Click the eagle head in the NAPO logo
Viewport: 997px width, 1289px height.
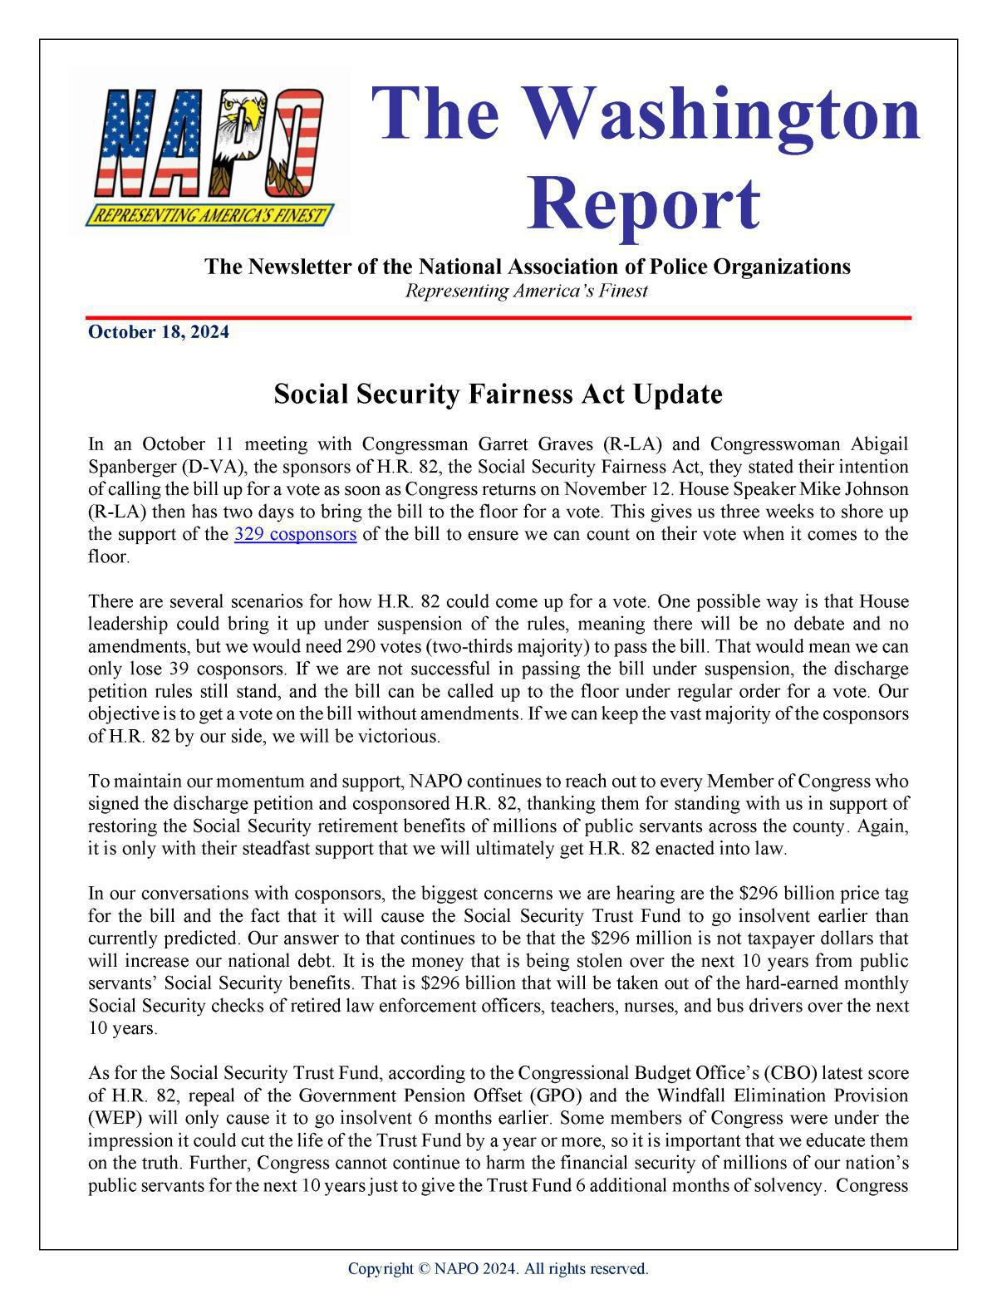(x=248, y=111)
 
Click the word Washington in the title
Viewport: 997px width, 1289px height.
(x=646, y=114)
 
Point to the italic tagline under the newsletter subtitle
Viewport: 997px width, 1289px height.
(x=526, y=291)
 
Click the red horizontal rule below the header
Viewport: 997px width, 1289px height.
(x=498, y=317)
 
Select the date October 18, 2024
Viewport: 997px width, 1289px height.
(x=159, y=333)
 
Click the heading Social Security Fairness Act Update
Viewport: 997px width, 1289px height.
(x=498, y=394)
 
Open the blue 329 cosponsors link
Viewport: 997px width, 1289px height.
(x=295, y=534)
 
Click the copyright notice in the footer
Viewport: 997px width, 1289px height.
(x=498, y=1268)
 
